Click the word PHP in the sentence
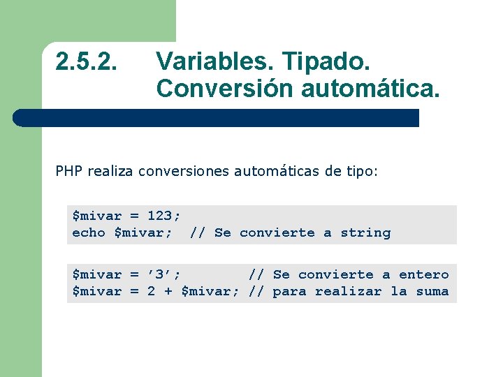click(x=68, y=171)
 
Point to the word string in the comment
click(x=365, y=232)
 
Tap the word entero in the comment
click(x=423, y=274)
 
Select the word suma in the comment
click(x=432, y=291)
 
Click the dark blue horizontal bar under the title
click(x=217, y=118)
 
